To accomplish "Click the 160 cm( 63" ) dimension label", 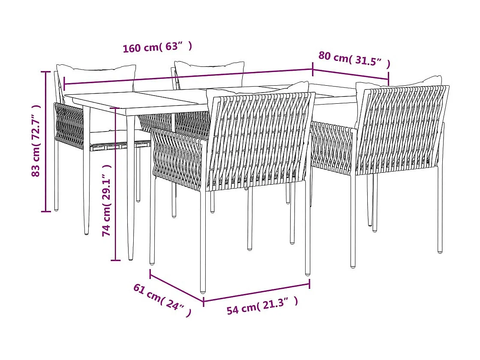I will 157,47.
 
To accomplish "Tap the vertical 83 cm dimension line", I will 45,141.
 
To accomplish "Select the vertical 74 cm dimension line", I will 115,184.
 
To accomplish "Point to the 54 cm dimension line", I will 256,292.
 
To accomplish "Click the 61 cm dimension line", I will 176,286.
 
